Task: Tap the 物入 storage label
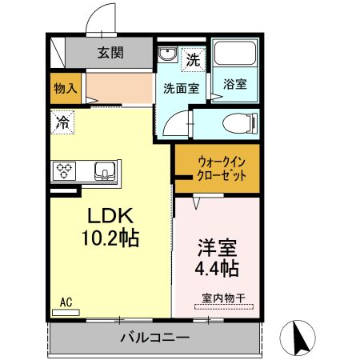(x=64, y=88)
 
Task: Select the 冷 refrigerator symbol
(x=62, y=122)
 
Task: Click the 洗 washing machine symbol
(x=192, y=58)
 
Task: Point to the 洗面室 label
(x=181, y=88)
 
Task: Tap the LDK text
(x=110, y=215)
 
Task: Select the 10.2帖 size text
(x=110, y=238)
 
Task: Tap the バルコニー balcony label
(x=155, y=337)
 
